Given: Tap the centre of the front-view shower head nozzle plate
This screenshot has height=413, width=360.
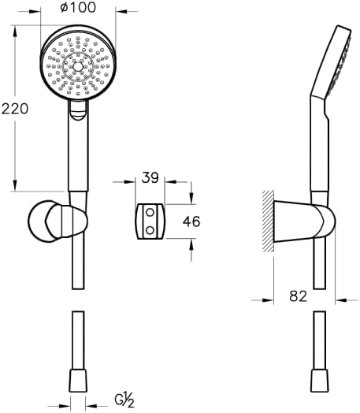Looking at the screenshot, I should coord(77,66).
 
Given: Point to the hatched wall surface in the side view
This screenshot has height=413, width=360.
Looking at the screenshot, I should coord(268,220).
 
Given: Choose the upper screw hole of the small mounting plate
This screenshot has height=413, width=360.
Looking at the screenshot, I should coord(148,213).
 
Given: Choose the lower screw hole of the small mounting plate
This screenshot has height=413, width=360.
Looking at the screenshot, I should coord(148,229).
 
